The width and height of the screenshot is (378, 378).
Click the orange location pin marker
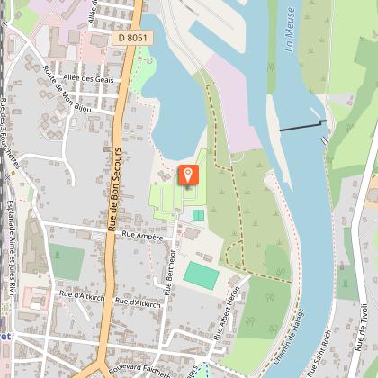point(188,174)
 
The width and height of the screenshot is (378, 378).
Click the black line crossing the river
point(301,126)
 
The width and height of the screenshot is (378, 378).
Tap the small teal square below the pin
point(198,215)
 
